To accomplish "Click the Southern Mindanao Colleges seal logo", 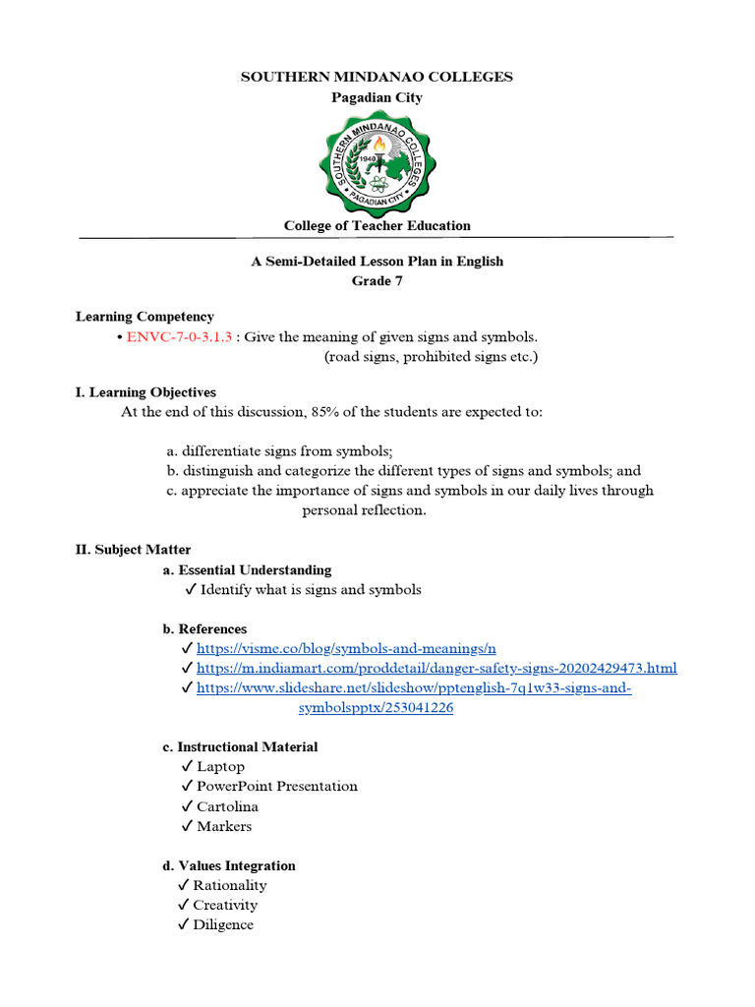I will (x=377, y=161).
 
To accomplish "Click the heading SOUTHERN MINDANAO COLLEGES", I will (x=377, y=77).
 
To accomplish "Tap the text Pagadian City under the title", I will (x=377, y=97).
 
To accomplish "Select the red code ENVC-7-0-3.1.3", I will (x=179, y=336).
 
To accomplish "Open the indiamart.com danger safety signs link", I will (x=436, y=669).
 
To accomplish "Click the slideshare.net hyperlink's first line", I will (x=413, y=688).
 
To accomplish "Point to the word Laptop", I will (x=220, y=767).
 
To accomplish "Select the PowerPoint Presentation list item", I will (x=276, y=787).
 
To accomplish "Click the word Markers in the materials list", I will (x=224, y=826).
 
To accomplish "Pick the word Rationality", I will (x=229, y=885).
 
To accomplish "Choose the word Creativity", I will (x=225, y=905).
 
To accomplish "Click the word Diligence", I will (x=223, y=925).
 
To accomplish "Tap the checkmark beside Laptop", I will (x=187, y=767).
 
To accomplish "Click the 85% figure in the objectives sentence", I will (x=325, y=412).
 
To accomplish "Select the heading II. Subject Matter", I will (x=134, y=550).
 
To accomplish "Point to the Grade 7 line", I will (x=377, y=281).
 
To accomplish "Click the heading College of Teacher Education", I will (x=377, y=225).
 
